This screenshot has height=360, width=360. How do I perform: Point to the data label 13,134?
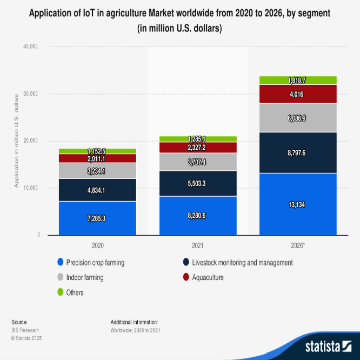(298, 204)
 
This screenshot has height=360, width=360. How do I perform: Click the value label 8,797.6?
(298, 153)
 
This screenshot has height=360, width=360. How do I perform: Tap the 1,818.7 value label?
(298, 80)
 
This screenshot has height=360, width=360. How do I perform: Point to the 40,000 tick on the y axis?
(30, 47)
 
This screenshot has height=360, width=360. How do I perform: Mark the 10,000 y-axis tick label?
(30, 188)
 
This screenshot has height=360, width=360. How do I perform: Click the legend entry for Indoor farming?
(84, 277)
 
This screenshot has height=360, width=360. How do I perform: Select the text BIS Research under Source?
(25, 330)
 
